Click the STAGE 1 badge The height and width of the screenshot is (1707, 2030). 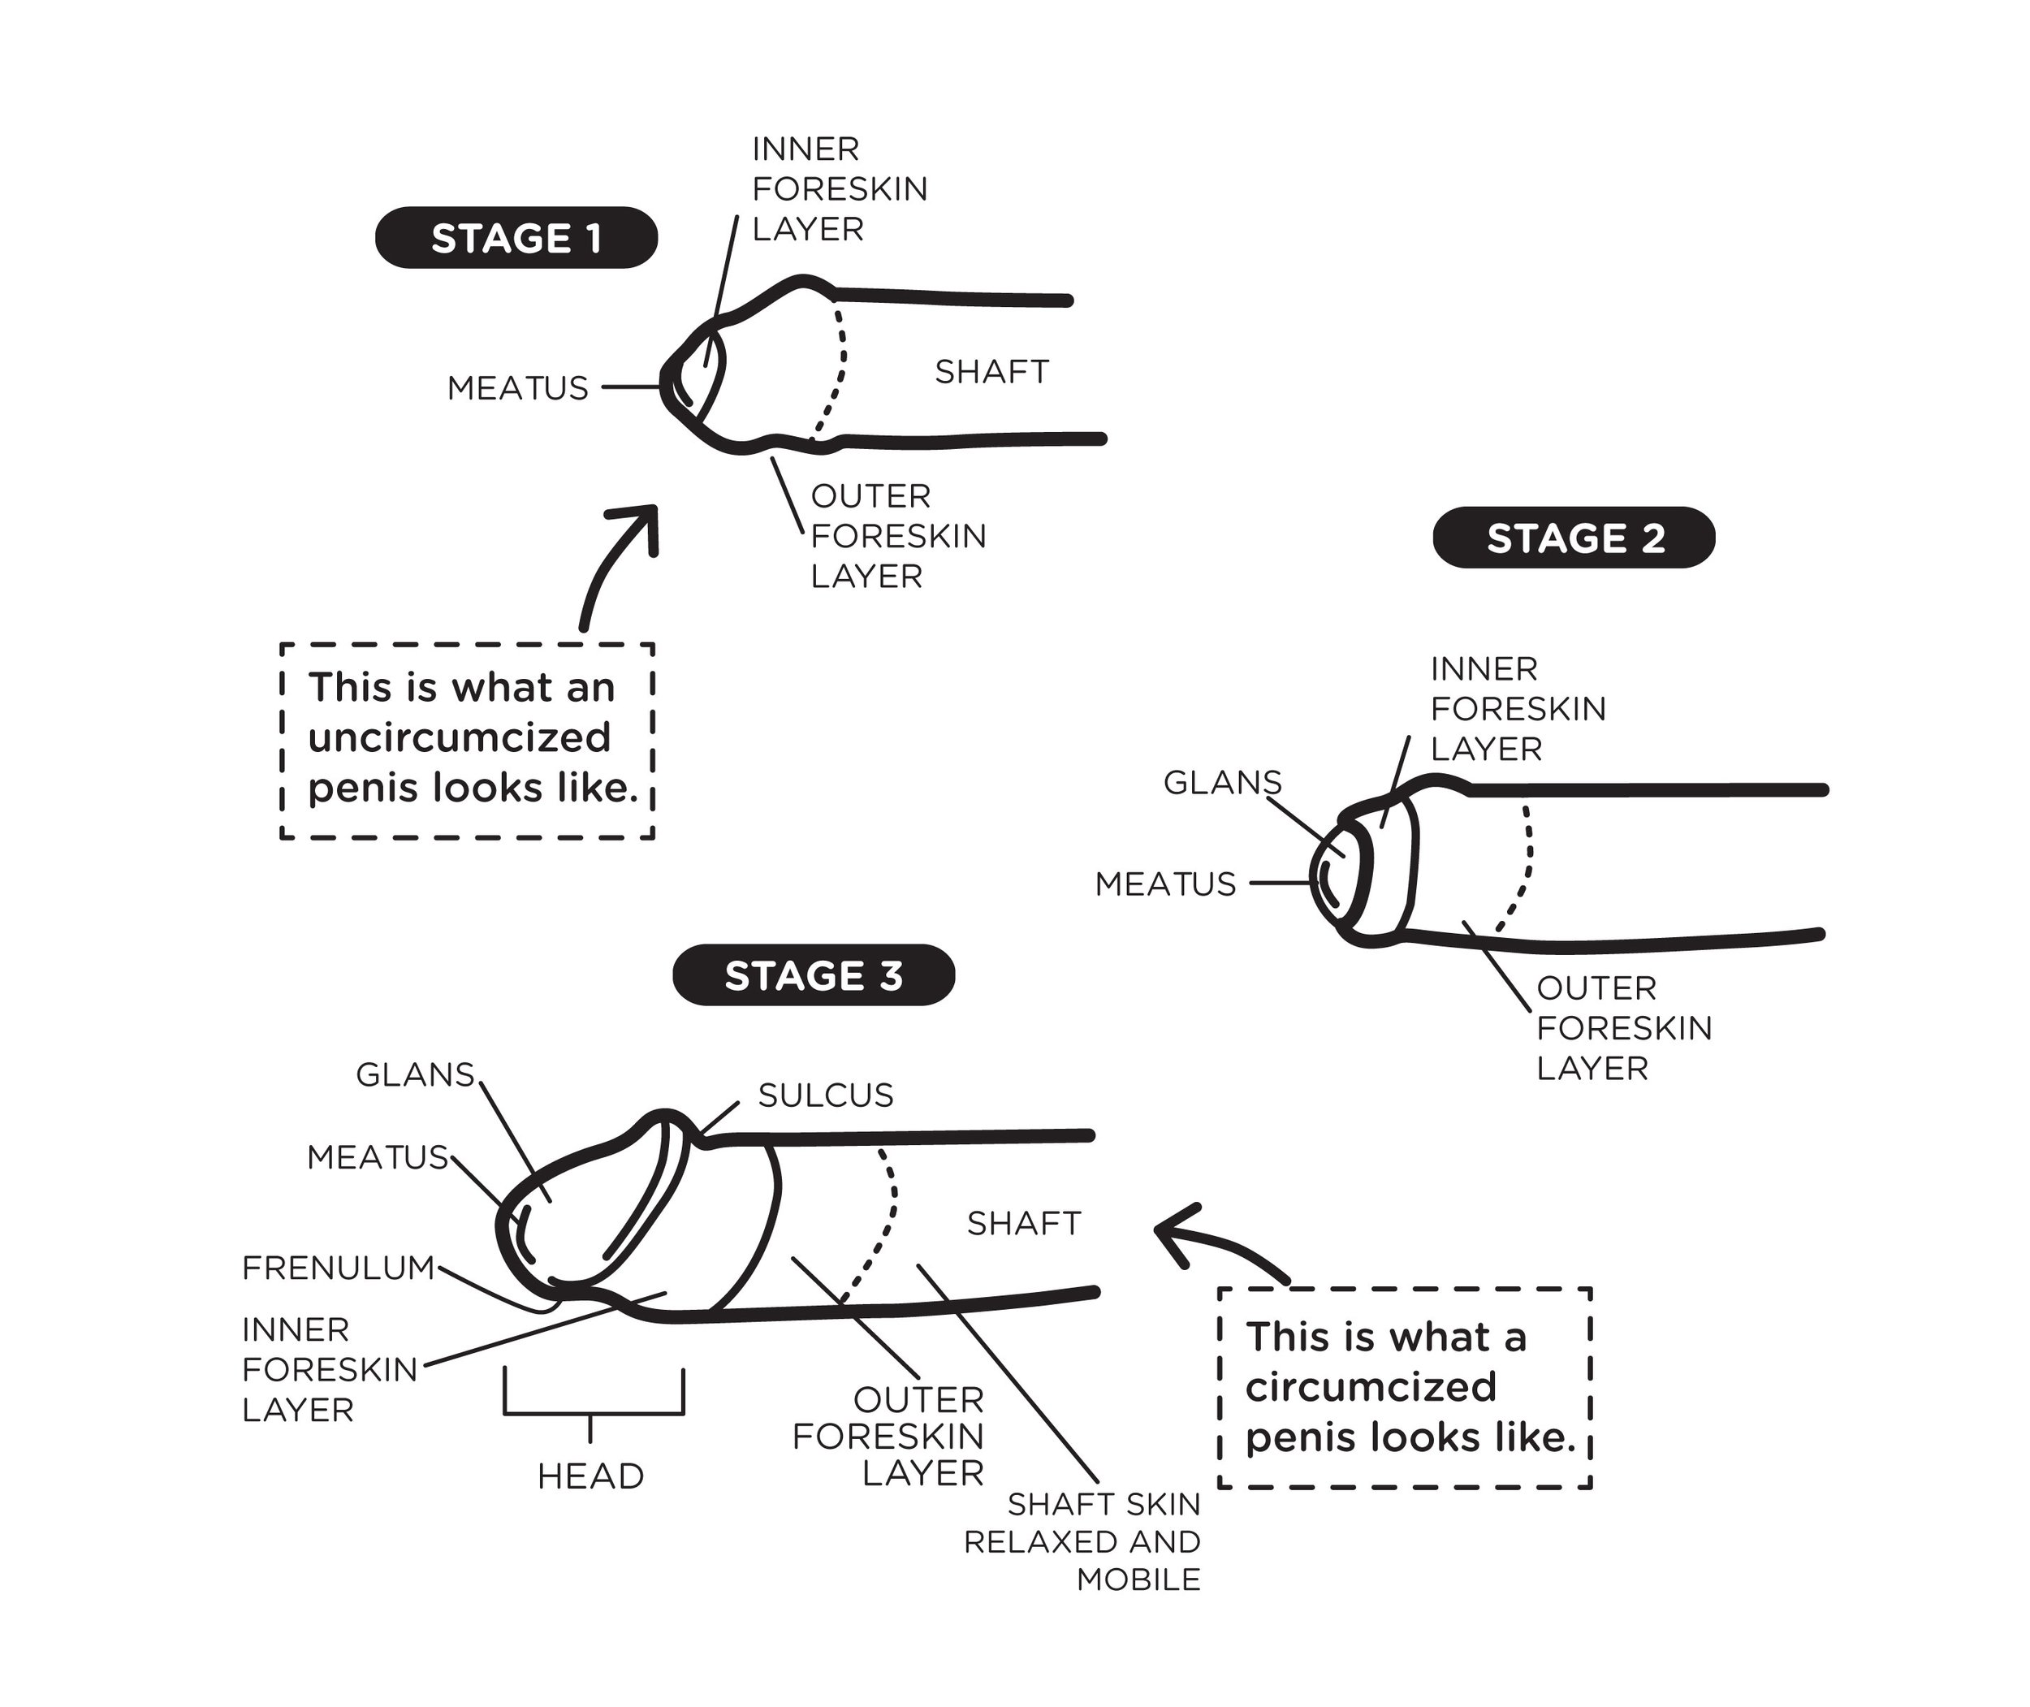(516, 238)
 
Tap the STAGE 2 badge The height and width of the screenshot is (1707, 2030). (1574, 538)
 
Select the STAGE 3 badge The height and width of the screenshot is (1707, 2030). (813, 975)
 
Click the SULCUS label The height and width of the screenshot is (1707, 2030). (825, 1096)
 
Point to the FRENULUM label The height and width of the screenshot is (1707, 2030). (338, 1268)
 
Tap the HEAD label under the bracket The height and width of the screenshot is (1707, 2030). (590, 1476)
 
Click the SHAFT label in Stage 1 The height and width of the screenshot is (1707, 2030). (991, 372)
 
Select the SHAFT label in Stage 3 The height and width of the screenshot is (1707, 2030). (1024, 1223)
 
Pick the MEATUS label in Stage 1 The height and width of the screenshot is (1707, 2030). (518, 388)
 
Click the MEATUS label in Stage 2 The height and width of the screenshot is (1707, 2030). (1165, 884)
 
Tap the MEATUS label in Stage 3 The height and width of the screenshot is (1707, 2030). (378, 1156)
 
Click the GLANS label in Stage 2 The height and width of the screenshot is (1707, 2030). (1222, 782)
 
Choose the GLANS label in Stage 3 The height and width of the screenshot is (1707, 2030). (415, 1074)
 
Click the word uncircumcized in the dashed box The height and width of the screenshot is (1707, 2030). (460, 738)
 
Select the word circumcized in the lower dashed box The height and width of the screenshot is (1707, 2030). (1370, 1388)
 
